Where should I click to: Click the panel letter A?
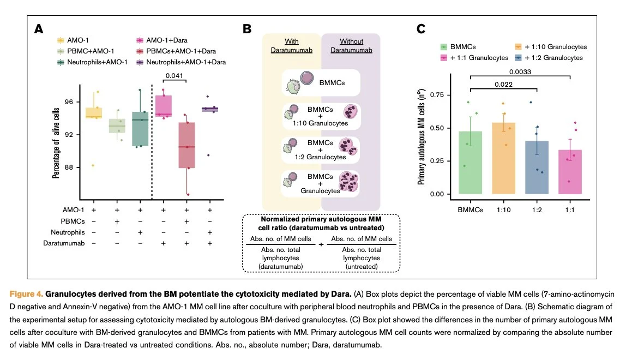pyautogui.click(x=39, y=29)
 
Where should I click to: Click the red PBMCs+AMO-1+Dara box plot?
pyautogui.click(x=186, y=145)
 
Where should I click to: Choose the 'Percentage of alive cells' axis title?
pyautogui.click(x=56, y=143)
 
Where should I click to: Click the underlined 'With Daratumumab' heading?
pyautogui.click(x=292, y=46)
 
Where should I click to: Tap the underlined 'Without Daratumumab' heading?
pyautogui.click(x=352, y=46)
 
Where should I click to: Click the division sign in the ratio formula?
pyautogui.click(x=321, y=244)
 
